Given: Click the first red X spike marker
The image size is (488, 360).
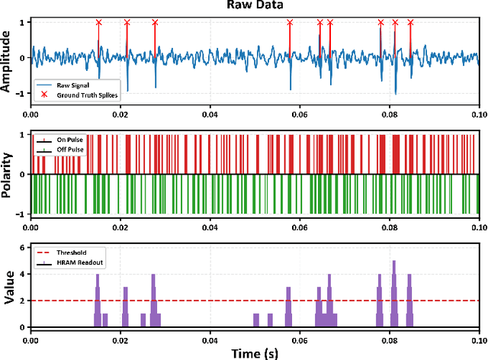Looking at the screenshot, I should [98, 23].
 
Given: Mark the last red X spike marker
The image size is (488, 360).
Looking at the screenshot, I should [411, 23].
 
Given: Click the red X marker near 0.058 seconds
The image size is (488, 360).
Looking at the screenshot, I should [290, 23].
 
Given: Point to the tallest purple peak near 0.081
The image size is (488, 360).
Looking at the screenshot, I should [394, 263].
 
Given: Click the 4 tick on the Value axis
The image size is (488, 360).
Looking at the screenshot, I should [23, 275].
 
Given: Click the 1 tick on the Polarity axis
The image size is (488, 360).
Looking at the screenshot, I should [23, 135].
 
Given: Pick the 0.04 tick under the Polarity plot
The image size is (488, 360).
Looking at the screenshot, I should [210, 227].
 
